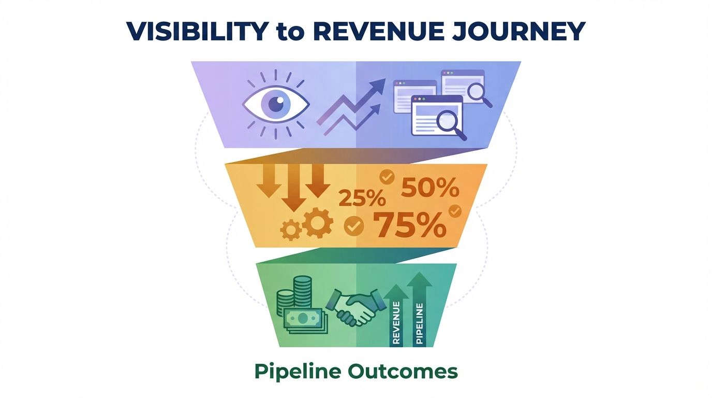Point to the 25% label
point(362,198)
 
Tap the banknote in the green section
point(305,318)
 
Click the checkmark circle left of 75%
point(354,225)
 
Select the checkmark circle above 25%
point(387,177)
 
